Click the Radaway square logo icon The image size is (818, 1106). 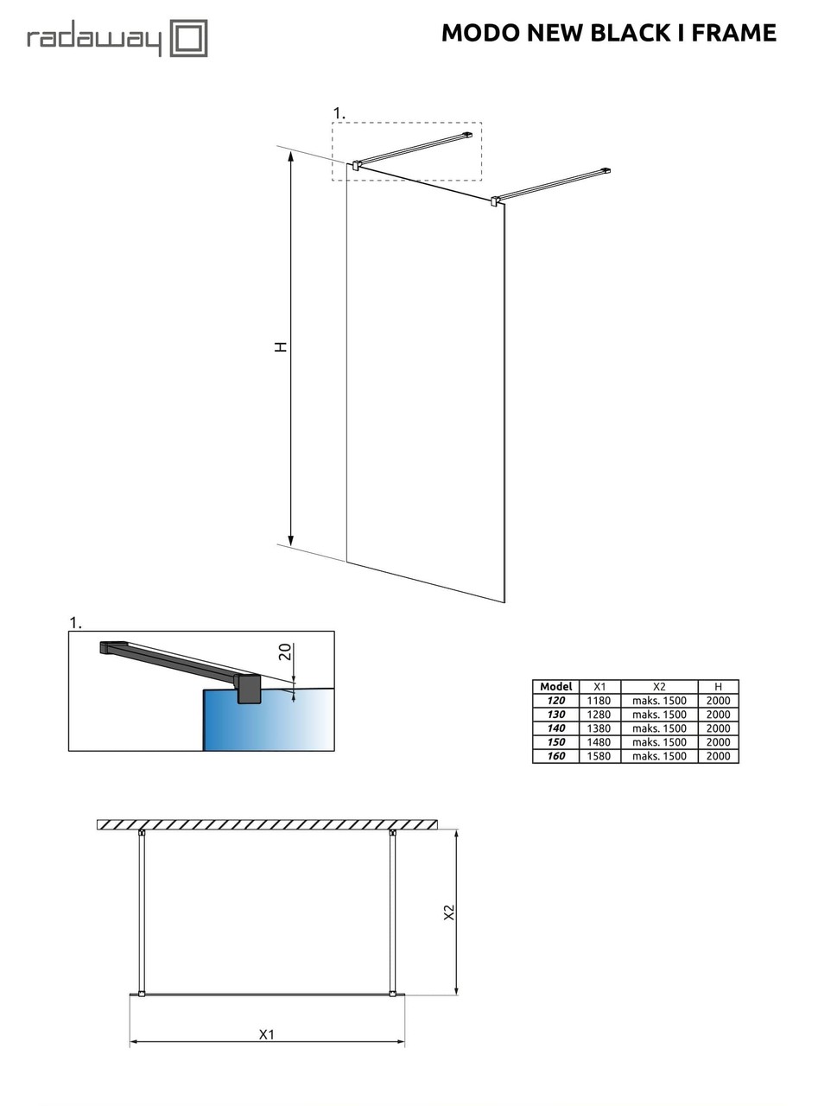click(188, 38)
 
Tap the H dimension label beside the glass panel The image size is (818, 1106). click(281, 346)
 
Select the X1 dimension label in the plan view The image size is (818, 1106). click(267, 1033)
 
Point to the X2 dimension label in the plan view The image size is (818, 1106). click(449, 912)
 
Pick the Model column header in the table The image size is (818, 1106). click(555, 687)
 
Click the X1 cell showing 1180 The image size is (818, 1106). click(599, 701)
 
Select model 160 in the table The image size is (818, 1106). click(555, 756)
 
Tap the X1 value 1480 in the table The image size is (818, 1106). click(599, 742)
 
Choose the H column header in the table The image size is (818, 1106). click(718, 687)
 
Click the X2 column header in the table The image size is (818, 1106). click(659, 687)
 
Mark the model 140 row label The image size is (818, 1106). click(555, 728)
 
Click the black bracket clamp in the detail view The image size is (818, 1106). click(249, 689)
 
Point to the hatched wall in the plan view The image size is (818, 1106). click(267, 824)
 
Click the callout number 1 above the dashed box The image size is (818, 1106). click(339, 113)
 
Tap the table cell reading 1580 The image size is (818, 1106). click(599, 756)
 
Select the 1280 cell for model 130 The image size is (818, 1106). click(599, 715)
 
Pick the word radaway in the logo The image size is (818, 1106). click(94, 40)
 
